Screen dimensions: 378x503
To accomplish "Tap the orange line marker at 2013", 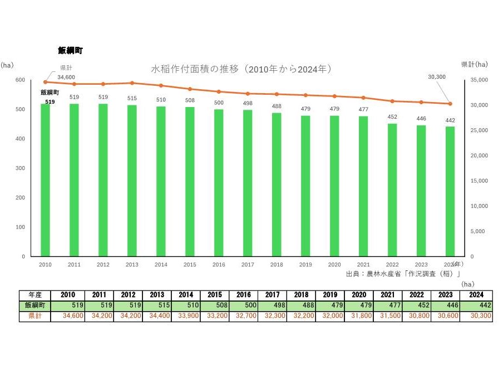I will click(x=132, y=83).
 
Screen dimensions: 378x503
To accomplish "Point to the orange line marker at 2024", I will click(x=450, y=104).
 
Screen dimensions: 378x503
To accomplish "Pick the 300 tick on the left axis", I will click(x=21, y=168).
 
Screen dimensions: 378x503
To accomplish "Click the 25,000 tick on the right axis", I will click(x=479, y=130).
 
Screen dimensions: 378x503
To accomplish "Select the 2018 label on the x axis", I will click(x=277, y=265).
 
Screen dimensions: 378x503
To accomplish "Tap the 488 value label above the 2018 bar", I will click(x=277, y=106).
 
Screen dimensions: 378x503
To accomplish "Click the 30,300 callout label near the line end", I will click(x=437, y=77).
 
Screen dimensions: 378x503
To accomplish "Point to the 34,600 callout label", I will click(x=66, y=77).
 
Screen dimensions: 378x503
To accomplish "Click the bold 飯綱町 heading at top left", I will click(x=70, y=50).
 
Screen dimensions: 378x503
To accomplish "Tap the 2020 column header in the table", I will click(x=359, y=295).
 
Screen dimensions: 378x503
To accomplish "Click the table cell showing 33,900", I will click(x=156, y=316).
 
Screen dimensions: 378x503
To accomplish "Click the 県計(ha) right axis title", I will click(x=474, y=65).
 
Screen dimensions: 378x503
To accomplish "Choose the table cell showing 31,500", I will click(x=359, y=316).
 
